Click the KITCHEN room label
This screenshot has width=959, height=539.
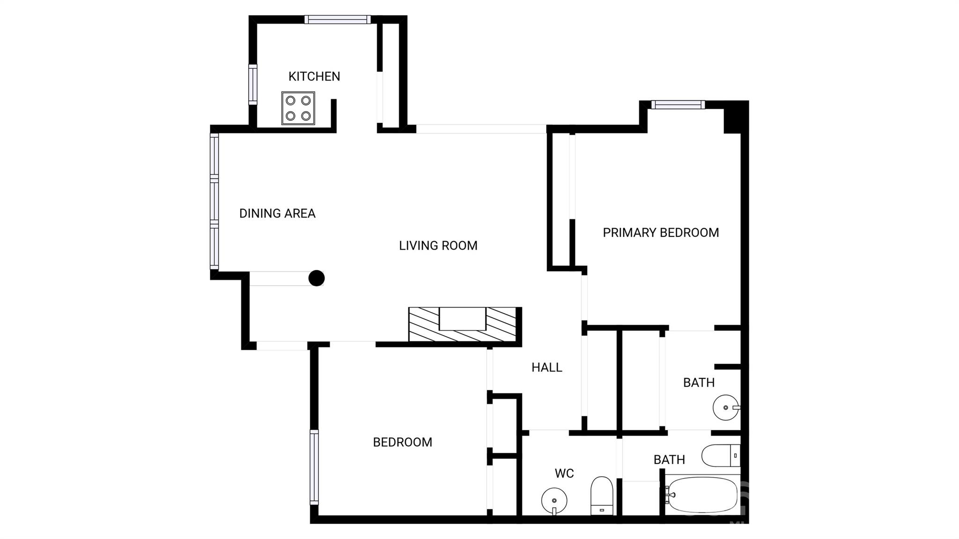(x=314, y=76)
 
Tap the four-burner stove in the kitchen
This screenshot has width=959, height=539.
(x=298, y=108)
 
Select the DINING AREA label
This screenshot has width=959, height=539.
(x=277, y=214)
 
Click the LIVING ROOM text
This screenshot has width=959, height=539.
(x=438, y=245)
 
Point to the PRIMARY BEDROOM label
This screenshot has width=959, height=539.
(x=660, y=233)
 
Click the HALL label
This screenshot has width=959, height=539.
(x=546, y=368)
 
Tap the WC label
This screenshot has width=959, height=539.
(x=564, y=473)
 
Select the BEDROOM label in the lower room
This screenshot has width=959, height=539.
(x=402, y=442)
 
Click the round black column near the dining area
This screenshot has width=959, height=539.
(x=317, y=278)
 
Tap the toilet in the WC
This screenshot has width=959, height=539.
(x=602, y=496)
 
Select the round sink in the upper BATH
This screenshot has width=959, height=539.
(x=726, y=407)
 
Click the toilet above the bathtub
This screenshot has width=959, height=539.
(x=720, y=455)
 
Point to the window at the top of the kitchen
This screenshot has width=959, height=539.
(x=337, y=20)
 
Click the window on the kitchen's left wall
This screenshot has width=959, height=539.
(x=253, y=85)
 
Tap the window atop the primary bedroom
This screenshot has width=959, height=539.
(x=678, y=105)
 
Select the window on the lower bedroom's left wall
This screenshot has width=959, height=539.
(x=314, y=467)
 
